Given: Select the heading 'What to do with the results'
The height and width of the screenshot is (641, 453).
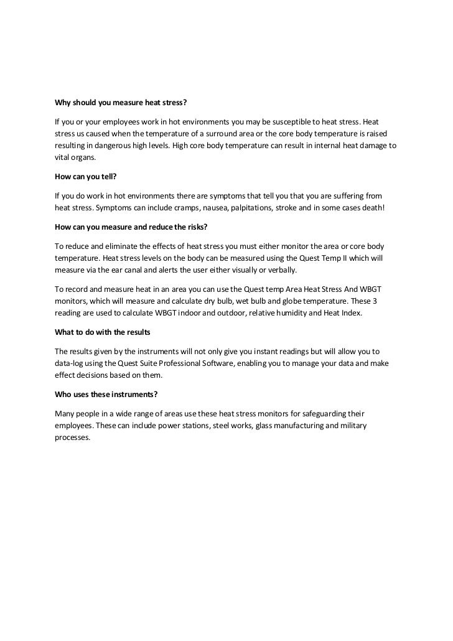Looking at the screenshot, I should pyautogui.click(x=103, y=332).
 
